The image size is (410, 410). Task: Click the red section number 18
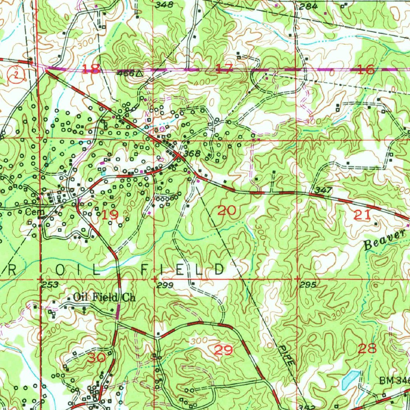point(92,69)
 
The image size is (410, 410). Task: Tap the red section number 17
point(224,70)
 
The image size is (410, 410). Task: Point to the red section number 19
point(110,215)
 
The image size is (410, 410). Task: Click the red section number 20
point(227,210)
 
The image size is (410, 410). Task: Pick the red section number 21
point(362,215)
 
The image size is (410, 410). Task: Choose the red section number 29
point(223,350)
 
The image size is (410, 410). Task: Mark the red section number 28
point(367,348)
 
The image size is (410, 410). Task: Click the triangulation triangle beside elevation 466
point(139,73)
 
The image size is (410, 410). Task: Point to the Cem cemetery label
point(32,211)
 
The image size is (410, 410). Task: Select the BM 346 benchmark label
point(394,380)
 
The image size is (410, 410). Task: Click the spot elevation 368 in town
point(192,153)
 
